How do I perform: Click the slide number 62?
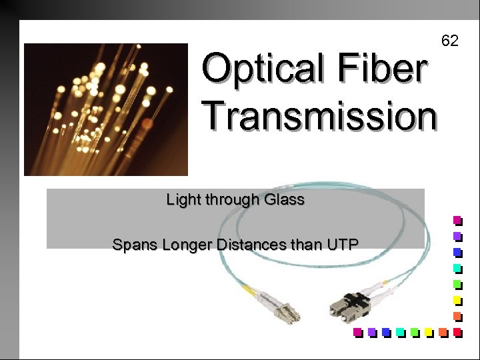pyautogui.click(x=450, y=41)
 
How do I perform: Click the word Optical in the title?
pyautogui.click(x=249, y=69)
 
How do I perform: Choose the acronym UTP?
pyautogui.click(x=342, y=245)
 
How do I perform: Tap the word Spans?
pyautogui.click(x=131, y=245)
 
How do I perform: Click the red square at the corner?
pyautogui.click(x=457, y=331)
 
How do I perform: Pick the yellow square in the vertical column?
pyautogui.click(x=457, y=299)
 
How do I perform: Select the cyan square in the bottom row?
pyautogui.click(x=399, y=331)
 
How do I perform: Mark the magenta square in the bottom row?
pyautogui.click(x=357, y=331)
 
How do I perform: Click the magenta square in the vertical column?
pyautogui.click(x=457, y=220)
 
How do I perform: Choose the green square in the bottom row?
pyautogui.click(x=414, y=331)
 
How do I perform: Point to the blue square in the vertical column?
pyautogui.click(x=457, y=252)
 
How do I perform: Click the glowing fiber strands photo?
pyautogui.click(x=106, y=109)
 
